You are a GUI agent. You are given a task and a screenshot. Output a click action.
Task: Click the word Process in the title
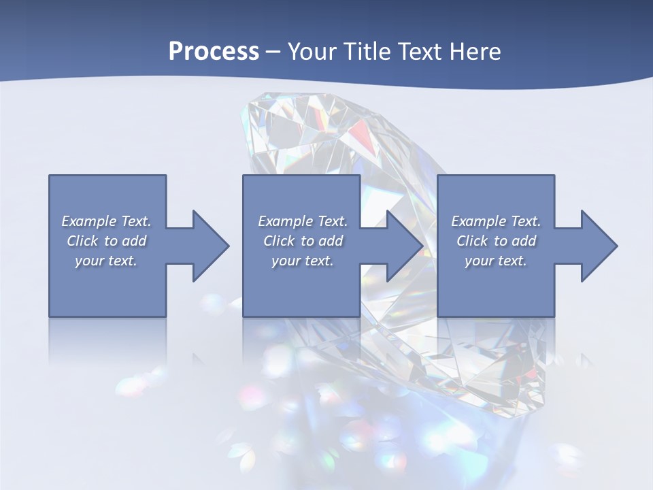[214, 52]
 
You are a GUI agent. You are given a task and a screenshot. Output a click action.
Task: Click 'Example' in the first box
[88, 221]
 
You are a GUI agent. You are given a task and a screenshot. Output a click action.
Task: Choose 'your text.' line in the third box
[496, 261]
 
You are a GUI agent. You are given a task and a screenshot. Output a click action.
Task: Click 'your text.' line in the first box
[106, 261]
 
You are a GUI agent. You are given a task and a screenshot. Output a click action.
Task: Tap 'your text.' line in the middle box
[302, 261]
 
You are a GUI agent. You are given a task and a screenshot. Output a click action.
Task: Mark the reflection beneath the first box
[107, 340]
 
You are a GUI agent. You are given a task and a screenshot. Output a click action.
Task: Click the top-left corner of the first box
[50, 176]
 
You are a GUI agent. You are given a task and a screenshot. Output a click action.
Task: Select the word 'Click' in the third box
[473, 241]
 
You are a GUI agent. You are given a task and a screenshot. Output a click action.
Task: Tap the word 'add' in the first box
[135, 241]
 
